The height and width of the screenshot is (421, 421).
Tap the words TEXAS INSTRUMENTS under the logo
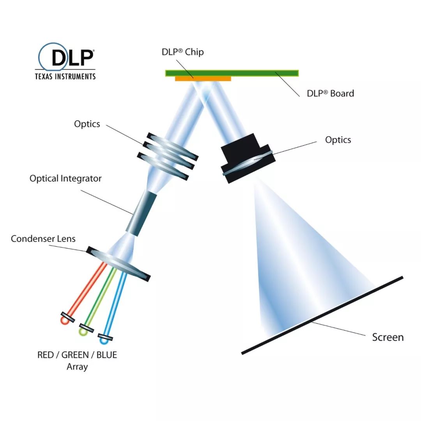(x=65, y=76)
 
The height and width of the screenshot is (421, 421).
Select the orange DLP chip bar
(x=203, y=78)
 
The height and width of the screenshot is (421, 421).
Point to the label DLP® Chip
(x=182, y=52)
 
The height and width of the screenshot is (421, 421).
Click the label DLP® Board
(x=330, y=93)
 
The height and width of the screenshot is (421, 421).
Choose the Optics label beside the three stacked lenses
(x=87, y=124)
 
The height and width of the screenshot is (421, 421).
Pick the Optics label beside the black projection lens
(x=338, y=140)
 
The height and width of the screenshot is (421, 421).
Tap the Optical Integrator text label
(x=65, y=179)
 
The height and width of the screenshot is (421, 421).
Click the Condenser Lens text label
(x=43, y=239)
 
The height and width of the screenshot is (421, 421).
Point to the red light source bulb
(x=64, y=320)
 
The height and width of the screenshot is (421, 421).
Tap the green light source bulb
(x=83, y=331)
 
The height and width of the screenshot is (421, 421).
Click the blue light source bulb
(x=104, y=340)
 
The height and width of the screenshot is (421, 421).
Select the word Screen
(x=387, y=337)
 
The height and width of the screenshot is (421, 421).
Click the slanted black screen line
(x=322, y=315)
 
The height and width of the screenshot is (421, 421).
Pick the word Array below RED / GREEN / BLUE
(x=77, y=366)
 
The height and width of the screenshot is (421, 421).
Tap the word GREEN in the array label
(x=75, y=355)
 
